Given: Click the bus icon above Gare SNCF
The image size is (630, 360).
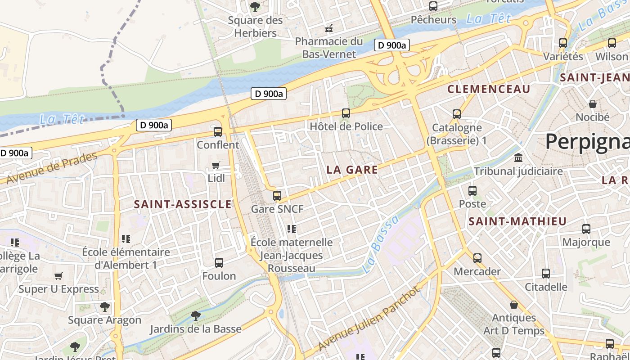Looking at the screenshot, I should pos(277,195).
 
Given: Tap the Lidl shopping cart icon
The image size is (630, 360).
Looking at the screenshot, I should pos(216,166).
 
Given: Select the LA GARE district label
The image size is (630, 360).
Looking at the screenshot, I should pos(352,170).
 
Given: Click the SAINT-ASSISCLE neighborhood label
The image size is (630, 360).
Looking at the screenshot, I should pos(183,204).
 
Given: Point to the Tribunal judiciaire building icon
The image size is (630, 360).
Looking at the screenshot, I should pos(518,158).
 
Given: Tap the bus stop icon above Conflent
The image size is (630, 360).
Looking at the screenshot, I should pos(218,131).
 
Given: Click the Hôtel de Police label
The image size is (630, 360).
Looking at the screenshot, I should pos(346,126).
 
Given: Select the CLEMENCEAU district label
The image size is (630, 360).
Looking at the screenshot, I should pos(489,89).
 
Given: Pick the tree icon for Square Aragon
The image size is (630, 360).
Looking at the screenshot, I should pos(105,307).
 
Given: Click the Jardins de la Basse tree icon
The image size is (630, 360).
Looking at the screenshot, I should pos(195,315).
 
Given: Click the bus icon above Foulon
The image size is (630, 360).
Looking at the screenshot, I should pos(219,262).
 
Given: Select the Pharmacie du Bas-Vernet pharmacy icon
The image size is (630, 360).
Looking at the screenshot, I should pos(329,28).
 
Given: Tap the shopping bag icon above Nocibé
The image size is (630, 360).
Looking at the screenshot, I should pos(593,104).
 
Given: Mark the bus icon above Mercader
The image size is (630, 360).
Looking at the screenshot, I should pos(477,258).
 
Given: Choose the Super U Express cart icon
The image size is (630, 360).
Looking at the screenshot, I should pos(58,276).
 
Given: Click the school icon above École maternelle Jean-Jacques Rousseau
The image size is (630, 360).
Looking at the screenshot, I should pos(292,229).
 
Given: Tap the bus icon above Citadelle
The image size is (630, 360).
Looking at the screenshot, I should pos(545,273).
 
